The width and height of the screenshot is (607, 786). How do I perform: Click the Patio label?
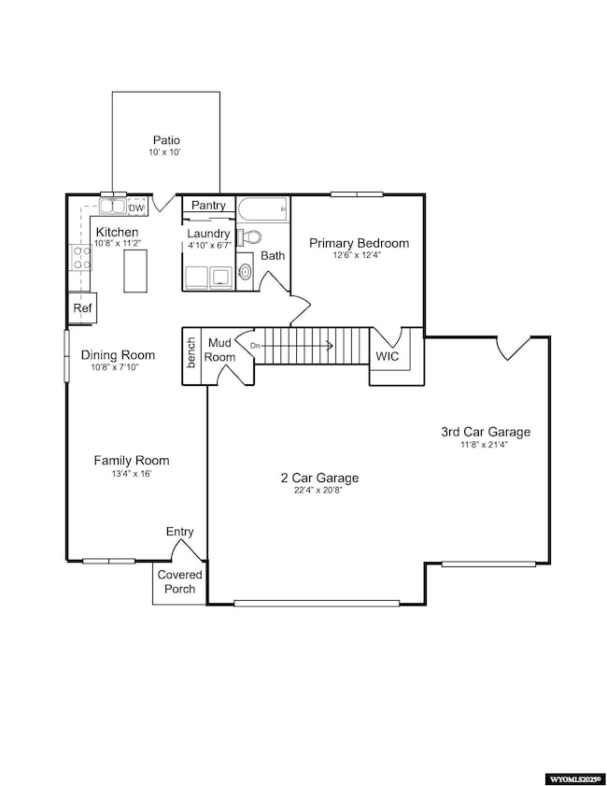(167, 141)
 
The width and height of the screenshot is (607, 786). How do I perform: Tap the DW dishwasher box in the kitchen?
(136, 208)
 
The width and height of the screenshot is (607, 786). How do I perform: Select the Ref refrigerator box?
(82, 307)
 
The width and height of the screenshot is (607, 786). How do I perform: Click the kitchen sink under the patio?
(113, 206)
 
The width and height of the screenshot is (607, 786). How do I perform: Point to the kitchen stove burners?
(80, 257)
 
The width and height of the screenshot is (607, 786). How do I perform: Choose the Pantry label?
(207, 206)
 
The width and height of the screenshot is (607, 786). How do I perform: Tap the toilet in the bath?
(247, 237)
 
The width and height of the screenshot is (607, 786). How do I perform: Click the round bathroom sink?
(245, 272)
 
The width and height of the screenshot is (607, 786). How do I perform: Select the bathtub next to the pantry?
(262, 210)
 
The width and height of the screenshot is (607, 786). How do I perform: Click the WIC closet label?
(388, 357)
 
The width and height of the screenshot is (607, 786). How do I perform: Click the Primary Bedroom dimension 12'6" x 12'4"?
(359, 256)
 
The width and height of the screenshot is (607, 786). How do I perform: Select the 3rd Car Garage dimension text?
(485, 445)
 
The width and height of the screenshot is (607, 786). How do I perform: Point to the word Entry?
(180, 532)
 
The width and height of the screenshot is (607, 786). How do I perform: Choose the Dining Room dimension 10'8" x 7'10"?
(118, 368)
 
